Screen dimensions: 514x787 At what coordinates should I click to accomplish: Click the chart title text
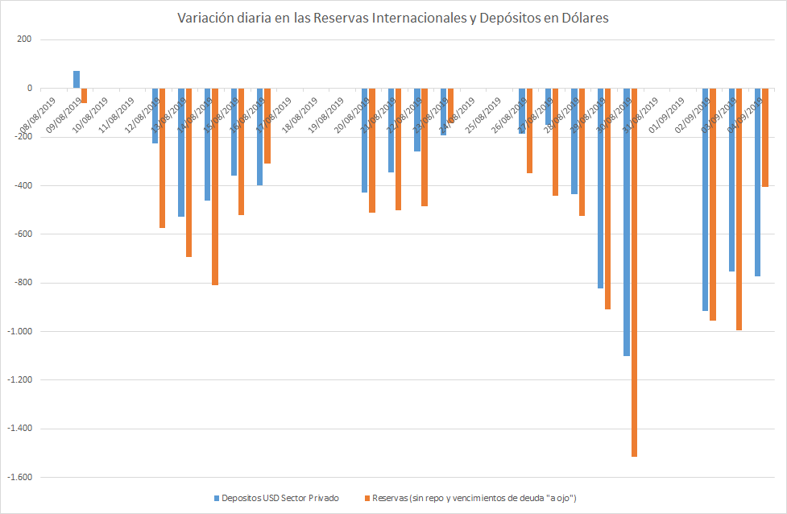click(x=393, y=18)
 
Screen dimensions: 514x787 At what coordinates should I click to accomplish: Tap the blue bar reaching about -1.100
click(x=627, y=222)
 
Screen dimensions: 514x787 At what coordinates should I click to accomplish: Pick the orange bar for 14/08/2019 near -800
click(x=215, y=186)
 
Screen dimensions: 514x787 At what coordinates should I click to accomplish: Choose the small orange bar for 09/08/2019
click(x=84, y=96)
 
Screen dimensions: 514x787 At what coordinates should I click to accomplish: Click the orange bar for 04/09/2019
click(x=765, y=138)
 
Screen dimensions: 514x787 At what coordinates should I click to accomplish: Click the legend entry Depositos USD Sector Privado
click(x=275, y=498)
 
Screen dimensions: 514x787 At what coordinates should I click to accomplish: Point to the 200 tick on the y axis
click(x=23, y=39)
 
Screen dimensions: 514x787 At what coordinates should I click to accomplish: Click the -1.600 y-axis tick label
click(x=19, y=477)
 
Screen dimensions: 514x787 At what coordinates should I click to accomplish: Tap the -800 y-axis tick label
click(x=23, y=283)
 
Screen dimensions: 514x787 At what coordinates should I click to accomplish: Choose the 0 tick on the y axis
click(x=29, y=89)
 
